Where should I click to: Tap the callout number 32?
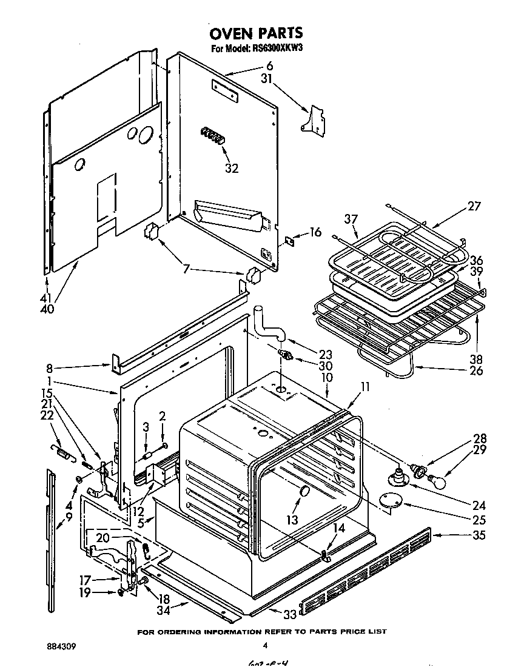pyautogui.click(x=232, y=169)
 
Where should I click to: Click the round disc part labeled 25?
pyautogui.click(x=388, y=501)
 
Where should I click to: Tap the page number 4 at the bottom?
pyautogui.click(x=264, y=645)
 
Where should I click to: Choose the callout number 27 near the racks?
pyautogui.click(x=474, y=206)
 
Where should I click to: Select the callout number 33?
pyautogui.click(x=290, y=614)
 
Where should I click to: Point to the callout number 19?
pyautogui.click(x=85, y=592)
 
